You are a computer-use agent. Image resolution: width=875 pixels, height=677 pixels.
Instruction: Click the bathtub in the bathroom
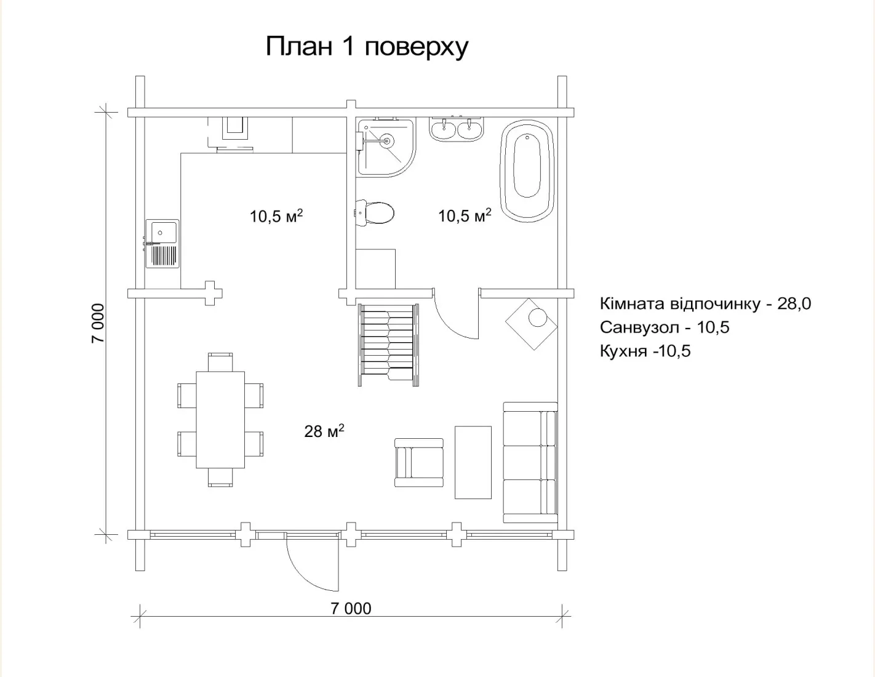tap(527, 170)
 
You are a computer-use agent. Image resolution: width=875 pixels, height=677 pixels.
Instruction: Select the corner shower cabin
tap(385, 148)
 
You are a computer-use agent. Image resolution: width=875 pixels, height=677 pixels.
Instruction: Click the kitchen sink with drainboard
tap(162, 244)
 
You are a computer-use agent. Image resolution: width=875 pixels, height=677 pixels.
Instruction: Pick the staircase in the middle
tap(388, 345)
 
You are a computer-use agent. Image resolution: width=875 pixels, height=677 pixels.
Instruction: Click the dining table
tap(220, 420)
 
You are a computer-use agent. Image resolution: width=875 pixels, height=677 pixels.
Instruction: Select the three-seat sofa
tap(530, 462)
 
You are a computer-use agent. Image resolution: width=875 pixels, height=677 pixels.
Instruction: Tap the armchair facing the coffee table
tap(419, 463)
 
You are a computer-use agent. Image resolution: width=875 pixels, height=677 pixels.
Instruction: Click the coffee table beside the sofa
tap(473, 462)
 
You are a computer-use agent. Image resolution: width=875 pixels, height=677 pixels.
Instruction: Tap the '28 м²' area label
tap(324, 431)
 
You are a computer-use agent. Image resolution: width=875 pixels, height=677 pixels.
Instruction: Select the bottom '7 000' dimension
tap(351, 608)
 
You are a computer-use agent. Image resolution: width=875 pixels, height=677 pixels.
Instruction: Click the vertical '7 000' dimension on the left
tap(98, 323)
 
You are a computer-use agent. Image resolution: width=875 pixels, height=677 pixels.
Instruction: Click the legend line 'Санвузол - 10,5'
tap(665, 327)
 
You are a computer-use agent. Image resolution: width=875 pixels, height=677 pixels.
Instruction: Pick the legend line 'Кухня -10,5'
tap(645, 351)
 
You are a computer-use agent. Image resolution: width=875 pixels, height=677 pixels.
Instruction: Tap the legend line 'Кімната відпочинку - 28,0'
tap(705, 303)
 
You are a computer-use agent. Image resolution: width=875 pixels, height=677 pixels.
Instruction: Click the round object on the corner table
tap(537, 317)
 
